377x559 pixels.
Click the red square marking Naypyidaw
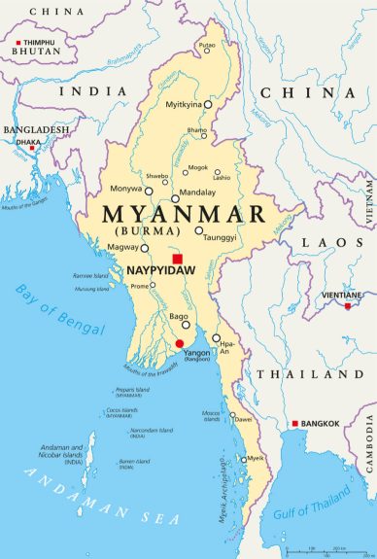pyautogui.click(x=177, y=259)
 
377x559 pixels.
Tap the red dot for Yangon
pyautogui.click(x=179, y=343)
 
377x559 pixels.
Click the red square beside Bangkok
pyautogui.click(x=295, y=424)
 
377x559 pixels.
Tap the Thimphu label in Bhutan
pyautogui.click(x=38, y=44)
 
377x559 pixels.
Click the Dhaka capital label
pyautogui.click(x=27, y=142)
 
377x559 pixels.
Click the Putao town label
pyautogui.click(x=207, y=46)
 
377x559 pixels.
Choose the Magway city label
pyautogui.click(x=123, y=249)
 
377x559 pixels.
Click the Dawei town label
pyautogui.click(x=243, y=419)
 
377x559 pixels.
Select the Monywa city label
pyautogui.click(x=127, y=188)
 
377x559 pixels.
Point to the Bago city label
pyautogui.click(x=179, y=317)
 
